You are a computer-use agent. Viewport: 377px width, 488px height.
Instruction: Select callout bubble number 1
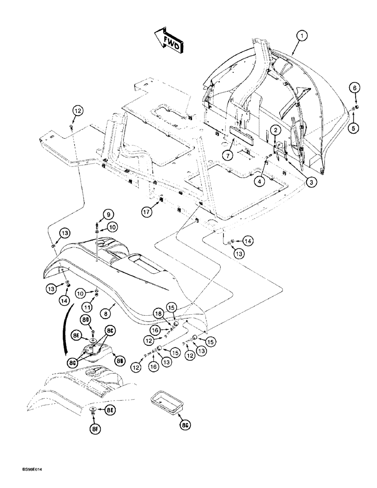[x=303, y=36]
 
